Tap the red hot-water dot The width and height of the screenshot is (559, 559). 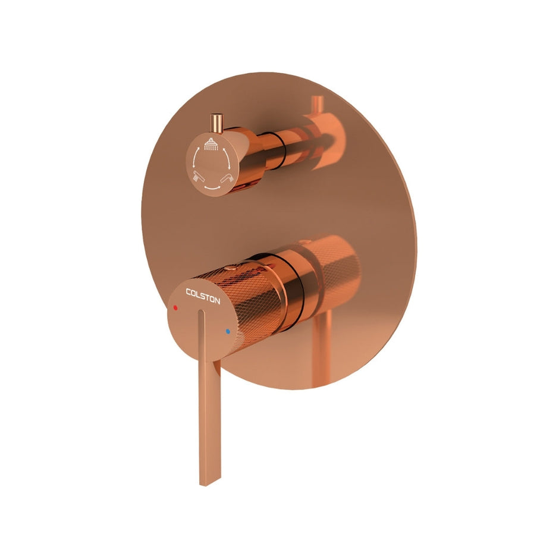click(175, 308)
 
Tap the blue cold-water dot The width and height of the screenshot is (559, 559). click(227, 331)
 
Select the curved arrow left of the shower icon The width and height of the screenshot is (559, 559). click(194, 156)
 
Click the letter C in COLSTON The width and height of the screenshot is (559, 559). click(189, 291)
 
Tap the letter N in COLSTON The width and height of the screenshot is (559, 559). click(217, 301)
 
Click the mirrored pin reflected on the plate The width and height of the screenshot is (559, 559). click(314, 107)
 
